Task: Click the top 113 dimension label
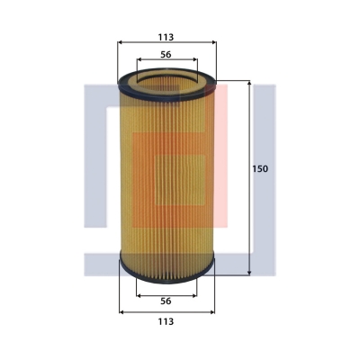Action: [166, 37]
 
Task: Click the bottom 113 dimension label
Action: [166, 321]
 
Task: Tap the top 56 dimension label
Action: [166, 55]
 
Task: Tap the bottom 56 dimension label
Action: [166, 301]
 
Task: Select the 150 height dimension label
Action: [260, 169]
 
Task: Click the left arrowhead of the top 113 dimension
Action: [120, 42]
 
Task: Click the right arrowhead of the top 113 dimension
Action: [214, 42]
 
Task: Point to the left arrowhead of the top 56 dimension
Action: [139, 59]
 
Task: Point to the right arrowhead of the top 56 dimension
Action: [195, 59]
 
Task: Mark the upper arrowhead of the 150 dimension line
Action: [249, 83]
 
